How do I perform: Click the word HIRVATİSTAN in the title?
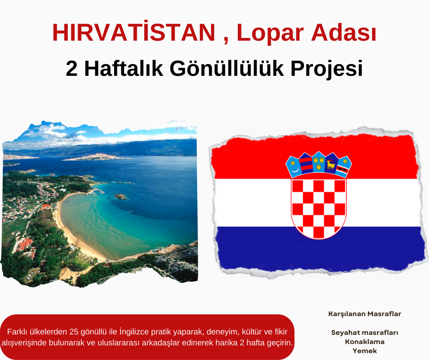tap(134, 32)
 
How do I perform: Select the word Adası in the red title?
tap(344, 32)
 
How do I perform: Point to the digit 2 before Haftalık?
tap(72, 69)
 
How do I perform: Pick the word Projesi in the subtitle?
tap(327, 69)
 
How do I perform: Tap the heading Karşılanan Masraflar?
tap(365, 314)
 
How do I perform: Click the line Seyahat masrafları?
tap(365, 333)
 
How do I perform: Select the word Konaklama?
tap(365, 342)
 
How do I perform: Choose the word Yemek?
tap(365, 351)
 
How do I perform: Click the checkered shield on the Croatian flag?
tap(319, 209)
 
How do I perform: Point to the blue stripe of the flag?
tap(320, 249)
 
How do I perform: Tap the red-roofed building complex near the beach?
tap(24, 245)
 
